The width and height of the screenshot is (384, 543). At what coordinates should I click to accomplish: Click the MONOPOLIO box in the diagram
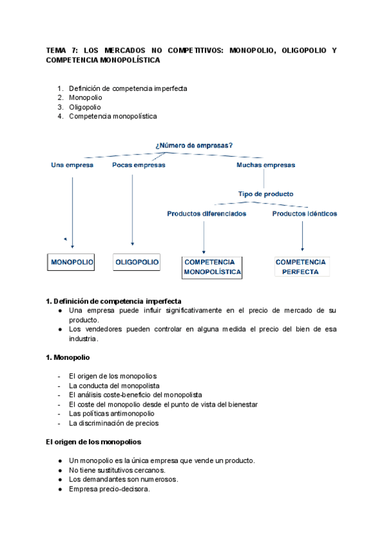click(x=72, y=263)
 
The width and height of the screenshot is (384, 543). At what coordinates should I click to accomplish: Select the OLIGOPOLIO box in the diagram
click(x=137, y=263)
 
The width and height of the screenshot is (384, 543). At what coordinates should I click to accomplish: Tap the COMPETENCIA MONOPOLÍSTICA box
click(x=212, y=267)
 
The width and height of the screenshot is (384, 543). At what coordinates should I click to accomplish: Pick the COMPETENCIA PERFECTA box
click(x=301, y=267)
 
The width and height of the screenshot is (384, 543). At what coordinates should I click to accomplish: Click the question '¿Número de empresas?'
click(x=193, y=145)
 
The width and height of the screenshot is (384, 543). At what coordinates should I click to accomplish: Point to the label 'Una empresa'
click(x=72, y=165)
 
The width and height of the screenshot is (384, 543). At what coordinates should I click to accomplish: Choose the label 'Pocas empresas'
click(x=138, y=165)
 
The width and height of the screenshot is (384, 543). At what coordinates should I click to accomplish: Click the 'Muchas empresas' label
click(x=266, y=165)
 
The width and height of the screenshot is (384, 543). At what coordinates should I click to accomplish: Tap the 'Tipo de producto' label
click(x=266, y=194)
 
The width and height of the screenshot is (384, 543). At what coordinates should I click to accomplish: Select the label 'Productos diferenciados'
click(x=206, y=214)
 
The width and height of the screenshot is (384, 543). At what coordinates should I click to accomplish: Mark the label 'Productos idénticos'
click(x=304, y=214)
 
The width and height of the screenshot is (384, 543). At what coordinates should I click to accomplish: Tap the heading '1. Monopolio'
click(x=68, y=357)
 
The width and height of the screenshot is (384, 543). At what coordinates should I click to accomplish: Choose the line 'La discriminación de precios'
click(x=113, y=423)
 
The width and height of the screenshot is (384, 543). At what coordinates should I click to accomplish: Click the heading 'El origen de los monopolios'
click(x=93, y=442)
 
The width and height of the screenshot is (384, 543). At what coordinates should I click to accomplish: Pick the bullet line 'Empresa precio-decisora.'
click(x=109, y=489)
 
